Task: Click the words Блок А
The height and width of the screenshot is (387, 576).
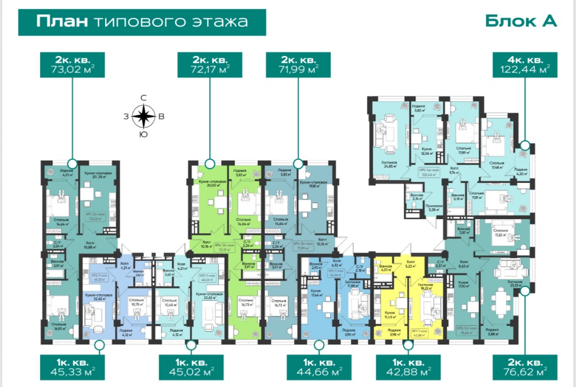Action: pyautogui.click(x=521, y=21)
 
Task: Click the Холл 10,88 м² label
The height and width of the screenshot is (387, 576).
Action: pyautogui.click(x=93, y=245)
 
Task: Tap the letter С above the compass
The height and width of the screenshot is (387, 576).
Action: pyautogui.click(x=143, y=98)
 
